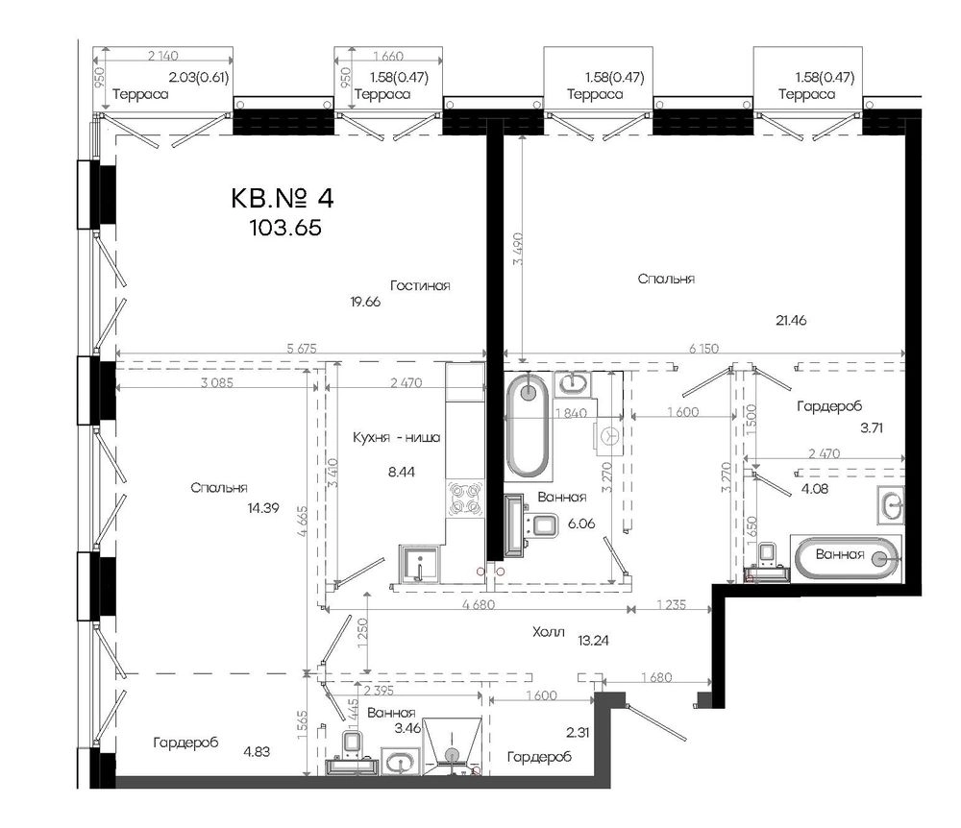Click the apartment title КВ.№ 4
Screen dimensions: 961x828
click(283, 199)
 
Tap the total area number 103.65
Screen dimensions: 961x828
click(285, 228)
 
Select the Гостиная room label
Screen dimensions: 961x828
click(421, 285)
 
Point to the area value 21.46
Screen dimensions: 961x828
click(791, 320)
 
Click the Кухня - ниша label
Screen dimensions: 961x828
click(397, 437)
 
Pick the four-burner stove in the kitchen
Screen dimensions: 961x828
click(463, 498)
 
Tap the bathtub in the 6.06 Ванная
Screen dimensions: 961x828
click(528, 425)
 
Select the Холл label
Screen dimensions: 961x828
click(549, 632)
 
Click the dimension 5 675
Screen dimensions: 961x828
click(302, 349)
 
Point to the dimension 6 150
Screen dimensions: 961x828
click(703, 349)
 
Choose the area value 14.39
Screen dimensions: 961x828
click(263, 508)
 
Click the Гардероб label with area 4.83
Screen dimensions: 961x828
click(185, 743)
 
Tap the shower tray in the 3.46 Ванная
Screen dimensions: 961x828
click(453, 743)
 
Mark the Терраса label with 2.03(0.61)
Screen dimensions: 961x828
click(140, 94)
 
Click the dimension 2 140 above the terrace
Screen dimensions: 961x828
click(163, 56)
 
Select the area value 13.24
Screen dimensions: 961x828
click(593, 641)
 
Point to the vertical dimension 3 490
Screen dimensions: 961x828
click(518, 249)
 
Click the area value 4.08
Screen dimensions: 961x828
click(815, 489)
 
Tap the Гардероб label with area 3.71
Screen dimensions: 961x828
click(829, 406)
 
